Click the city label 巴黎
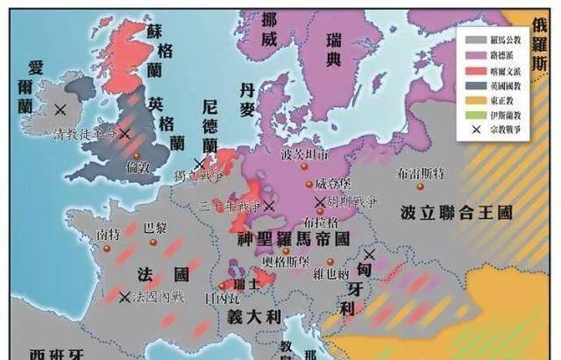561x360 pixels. coord(153,227)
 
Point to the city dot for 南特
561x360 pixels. coord(106,246)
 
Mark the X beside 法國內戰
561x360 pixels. coord(125,297)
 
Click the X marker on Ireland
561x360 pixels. coord(60,109)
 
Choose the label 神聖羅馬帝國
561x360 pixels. coord(294,237)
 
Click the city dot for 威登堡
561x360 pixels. coord(308,184)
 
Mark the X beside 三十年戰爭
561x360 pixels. coord(268,207)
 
